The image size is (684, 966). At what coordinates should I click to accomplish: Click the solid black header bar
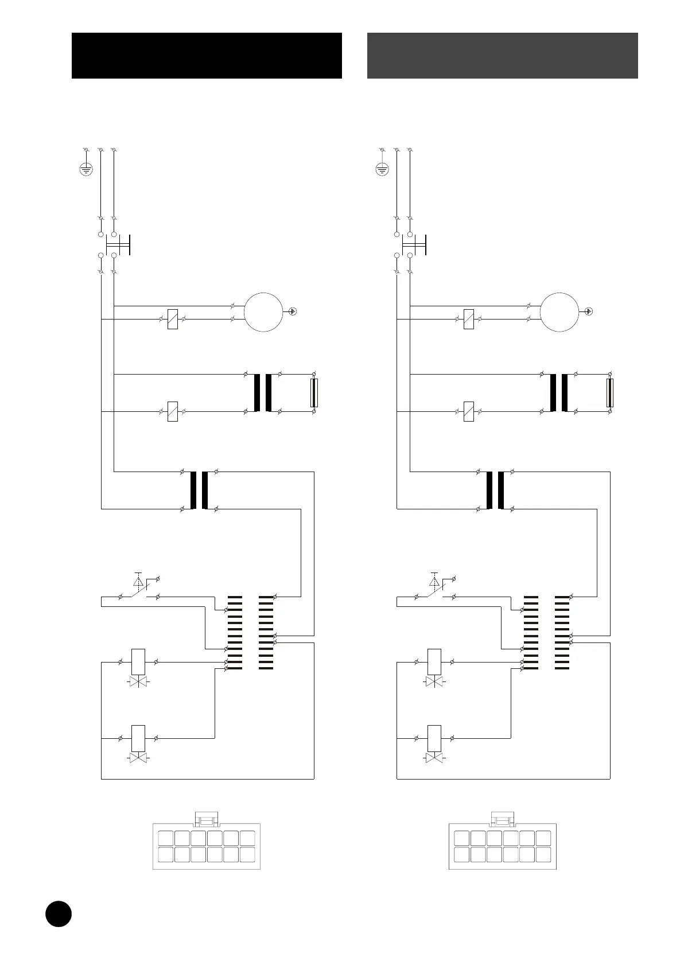click(207, 55)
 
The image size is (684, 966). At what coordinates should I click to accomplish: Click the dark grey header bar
click(502, 55)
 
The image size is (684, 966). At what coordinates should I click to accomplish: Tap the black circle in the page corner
click(59, 913)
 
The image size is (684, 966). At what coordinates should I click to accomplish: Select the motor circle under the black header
click(263, 311)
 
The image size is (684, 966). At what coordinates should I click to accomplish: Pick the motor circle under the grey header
click(559, 311)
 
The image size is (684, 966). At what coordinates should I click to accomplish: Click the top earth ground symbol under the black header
click(85, 169)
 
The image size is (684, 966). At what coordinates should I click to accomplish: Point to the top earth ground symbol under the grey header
click(382, 169)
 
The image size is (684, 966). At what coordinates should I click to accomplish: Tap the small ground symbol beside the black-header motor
click(293, 311)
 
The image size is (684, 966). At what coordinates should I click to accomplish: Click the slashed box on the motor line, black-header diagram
click(172, 319)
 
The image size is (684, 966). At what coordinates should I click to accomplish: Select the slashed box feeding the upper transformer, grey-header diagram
click(468, 411)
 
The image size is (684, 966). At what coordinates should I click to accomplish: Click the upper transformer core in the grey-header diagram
click(559, 393)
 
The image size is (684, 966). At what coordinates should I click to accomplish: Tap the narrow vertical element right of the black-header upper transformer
click(314, 393)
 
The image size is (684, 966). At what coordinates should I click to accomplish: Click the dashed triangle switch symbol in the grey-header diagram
click(434, 582)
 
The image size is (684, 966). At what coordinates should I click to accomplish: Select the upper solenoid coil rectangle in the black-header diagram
click(138, 662)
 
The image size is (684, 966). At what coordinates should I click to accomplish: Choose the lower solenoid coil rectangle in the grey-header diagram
click(434, 738)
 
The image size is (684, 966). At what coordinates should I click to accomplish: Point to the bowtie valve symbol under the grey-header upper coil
click(434, 682)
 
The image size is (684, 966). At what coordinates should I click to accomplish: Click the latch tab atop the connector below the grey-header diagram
click(503, 819)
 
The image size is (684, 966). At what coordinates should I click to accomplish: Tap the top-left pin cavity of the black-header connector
click(165, 838)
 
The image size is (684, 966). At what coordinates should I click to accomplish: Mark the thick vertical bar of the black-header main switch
click(130, 245)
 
